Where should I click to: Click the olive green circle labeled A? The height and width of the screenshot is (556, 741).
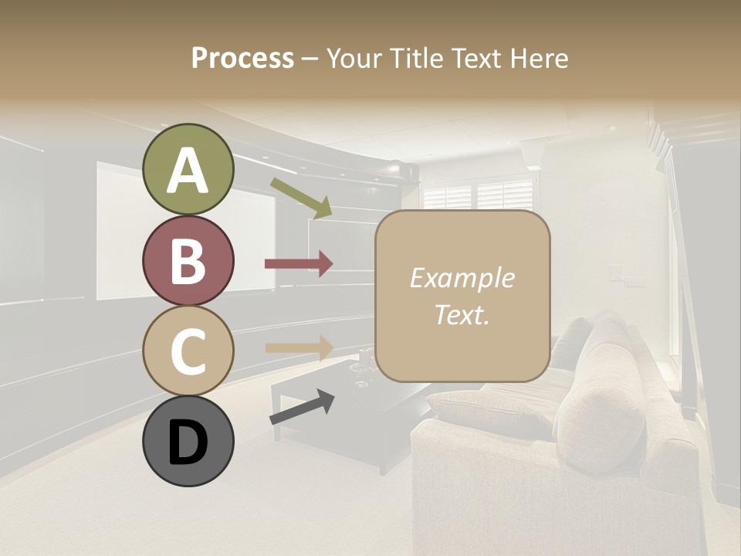pyautogui.click(x=188, y=170)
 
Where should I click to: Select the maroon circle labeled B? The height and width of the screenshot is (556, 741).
pyautogui.click(x=188, y=261)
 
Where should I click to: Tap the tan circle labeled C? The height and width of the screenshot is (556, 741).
pyautogui.click(x=188, y=351)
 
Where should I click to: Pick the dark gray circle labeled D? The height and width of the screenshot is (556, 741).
pyautogui.click(x=188, y=442)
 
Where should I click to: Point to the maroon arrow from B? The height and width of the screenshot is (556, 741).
pyautogui.click(x=299, y=264)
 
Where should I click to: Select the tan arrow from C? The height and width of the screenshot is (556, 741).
pyautogui.click(x=299, y=347)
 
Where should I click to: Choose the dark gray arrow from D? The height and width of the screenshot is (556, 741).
pyautogui.click(x=302, y=408)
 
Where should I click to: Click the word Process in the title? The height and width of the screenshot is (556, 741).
pyautogui.click(x=242, y=59)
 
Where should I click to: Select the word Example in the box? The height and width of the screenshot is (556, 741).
pyautogui.click(x=462, y=279)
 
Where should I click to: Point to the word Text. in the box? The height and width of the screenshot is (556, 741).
pyautogui.click(x=462, y=314)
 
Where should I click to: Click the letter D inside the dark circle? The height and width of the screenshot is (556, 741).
pyautogui.click(x=188, y=443)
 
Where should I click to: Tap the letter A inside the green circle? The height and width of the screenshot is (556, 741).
pyautogui.click(x=188, y=171)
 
